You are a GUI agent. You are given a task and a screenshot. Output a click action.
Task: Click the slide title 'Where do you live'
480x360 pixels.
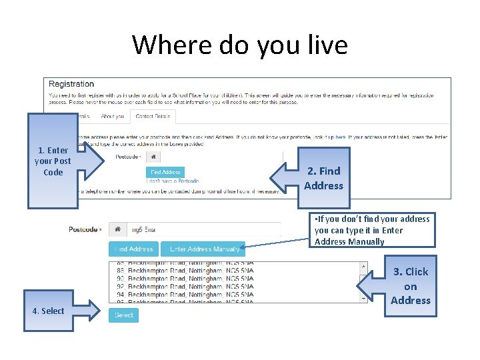coord(240,45)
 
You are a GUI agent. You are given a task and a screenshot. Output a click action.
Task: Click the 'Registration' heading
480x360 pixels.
coord(71,84)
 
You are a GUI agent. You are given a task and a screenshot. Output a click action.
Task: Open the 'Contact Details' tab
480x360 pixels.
coord(153,117)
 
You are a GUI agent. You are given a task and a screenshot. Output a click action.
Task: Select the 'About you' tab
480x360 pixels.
coord(113,117)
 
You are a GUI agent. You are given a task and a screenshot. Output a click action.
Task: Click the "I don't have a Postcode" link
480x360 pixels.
coord(173,181)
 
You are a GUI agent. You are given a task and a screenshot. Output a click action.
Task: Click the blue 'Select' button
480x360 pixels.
coord(123,315)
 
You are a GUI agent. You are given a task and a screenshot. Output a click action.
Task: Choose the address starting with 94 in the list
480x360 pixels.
coord(187,295)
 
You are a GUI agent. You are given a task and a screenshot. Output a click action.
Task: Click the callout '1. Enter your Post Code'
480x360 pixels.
coord(53,161)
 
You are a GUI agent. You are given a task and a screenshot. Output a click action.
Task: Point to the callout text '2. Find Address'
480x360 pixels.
coord(323,179)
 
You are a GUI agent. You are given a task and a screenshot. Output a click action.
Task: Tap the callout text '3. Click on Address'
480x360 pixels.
coord(410,286)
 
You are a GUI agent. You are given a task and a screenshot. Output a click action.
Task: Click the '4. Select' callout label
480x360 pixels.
coord(48,311)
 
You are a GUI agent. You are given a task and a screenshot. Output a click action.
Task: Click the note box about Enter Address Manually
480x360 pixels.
coord(372,230)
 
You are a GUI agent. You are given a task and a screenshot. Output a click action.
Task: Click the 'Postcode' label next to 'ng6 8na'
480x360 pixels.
coord(84,229)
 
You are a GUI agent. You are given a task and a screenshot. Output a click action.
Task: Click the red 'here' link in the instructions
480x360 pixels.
coord(340,137)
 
